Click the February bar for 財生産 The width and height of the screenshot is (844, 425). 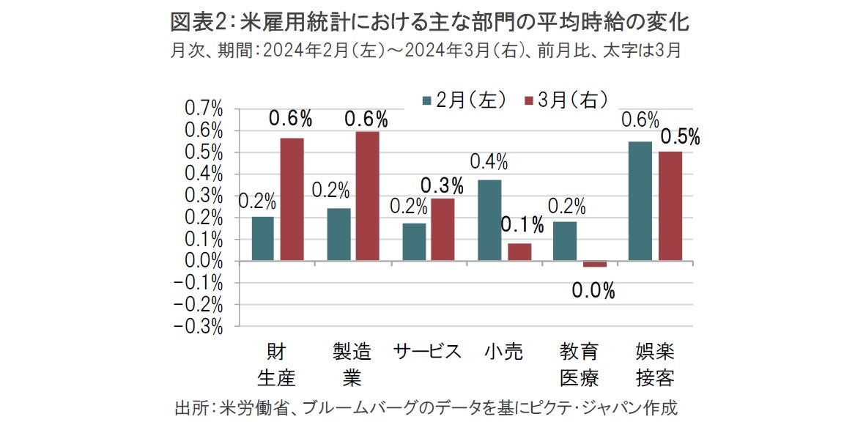tap(262, 238)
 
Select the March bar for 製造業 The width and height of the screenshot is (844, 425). tap(368, 196)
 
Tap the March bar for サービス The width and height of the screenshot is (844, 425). tap(443, 229)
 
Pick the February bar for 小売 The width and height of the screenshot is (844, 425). tap(489, 220)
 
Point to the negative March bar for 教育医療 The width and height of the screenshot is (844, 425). tap(595, 264)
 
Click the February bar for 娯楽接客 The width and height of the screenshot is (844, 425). tap(640, 201)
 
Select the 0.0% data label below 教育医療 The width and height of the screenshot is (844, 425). tap(593, 292)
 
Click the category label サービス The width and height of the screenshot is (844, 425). tap(427, 352)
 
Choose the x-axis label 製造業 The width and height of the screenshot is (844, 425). tap(352, 364)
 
